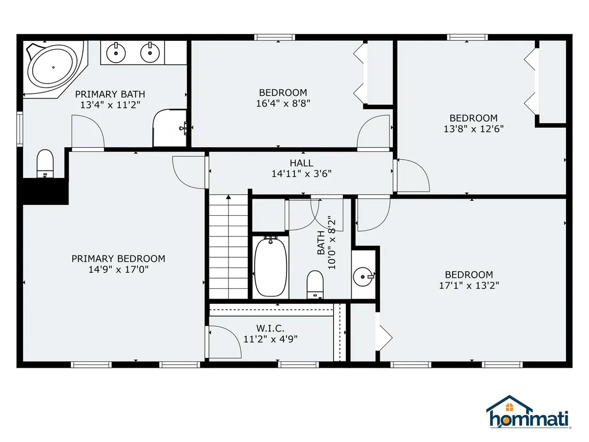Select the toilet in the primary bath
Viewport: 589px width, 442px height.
click(x=45, y=163)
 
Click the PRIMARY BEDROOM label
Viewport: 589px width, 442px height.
click(x=118, y=259)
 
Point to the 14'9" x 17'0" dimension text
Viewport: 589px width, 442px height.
click(x=118, y=269)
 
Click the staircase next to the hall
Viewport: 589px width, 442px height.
click(x=228, y=247)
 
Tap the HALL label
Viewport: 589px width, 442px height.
click(x=301, y=163)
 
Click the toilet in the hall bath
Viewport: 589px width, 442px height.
click(x=315, y=284)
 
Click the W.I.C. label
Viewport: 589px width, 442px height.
click(x=270, y=328)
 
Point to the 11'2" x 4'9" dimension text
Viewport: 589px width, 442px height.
click(x=270, y=339)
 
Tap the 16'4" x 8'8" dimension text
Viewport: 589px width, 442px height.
click(x=282, y=104)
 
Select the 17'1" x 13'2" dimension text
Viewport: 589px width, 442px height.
click(x=469, y=285)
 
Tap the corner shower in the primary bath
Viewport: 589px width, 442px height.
click(x=168, y=128)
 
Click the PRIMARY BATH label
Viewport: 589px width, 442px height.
click(x=110, y=94)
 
